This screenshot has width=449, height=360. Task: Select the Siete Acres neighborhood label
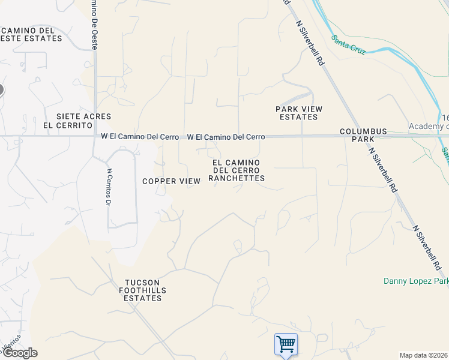76,116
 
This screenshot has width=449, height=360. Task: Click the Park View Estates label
299,113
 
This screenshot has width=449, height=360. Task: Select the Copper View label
167,181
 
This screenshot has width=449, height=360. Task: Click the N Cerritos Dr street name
109,187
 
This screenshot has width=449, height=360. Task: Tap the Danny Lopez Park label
415,281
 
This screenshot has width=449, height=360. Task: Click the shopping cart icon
286,344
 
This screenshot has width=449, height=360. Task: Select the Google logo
19,353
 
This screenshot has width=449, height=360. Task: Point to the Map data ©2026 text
424,355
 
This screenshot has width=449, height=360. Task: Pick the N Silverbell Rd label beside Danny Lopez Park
429,247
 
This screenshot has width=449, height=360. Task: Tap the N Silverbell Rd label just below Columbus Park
384,170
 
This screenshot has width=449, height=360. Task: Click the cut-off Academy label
429,126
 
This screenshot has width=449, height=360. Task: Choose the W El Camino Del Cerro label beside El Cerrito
140,137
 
